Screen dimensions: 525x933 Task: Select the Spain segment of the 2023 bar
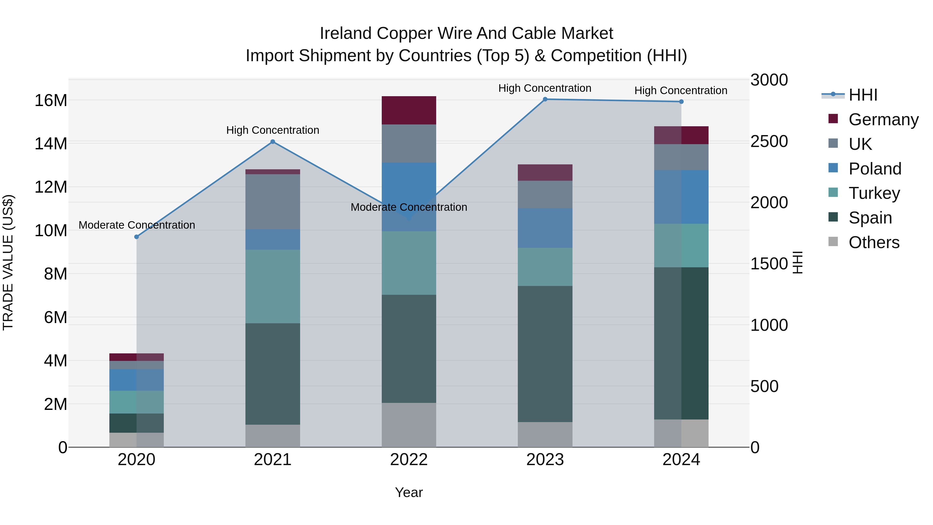(x=545, y=354)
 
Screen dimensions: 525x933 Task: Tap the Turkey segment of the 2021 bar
(x=272, y=286)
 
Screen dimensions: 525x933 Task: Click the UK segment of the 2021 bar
(x=272, y=201)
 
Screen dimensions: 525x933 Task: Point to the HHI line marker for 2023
(x=545, y=99)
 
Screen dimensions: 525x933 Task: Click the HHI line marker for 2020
(x=137, y=237)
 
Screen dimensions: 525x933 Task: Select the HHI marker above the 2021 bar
(x=272, y=142)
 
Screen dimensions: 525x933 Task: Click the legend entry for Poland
(x=874, y=169)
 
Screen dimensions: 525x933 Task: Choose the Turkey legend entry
(x=874, y=193)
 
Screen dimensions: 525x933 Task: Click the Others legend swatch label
(x=874, y=242)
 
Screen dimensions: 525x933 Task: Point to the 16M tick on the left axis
(x=51, y=100)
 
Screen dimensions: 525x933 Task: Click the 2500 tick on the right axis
(x=769, y=141)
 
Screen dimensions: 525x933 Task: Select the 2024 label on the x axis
(x=681, y=460)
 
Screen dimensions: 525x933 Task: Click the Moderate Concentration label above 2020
(x=137, y=225)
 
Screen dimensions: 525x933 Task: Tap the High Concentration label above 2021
(x=272, y=130)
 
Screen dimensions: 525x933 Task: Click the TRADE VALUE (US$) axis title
(x=8, y=262)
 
